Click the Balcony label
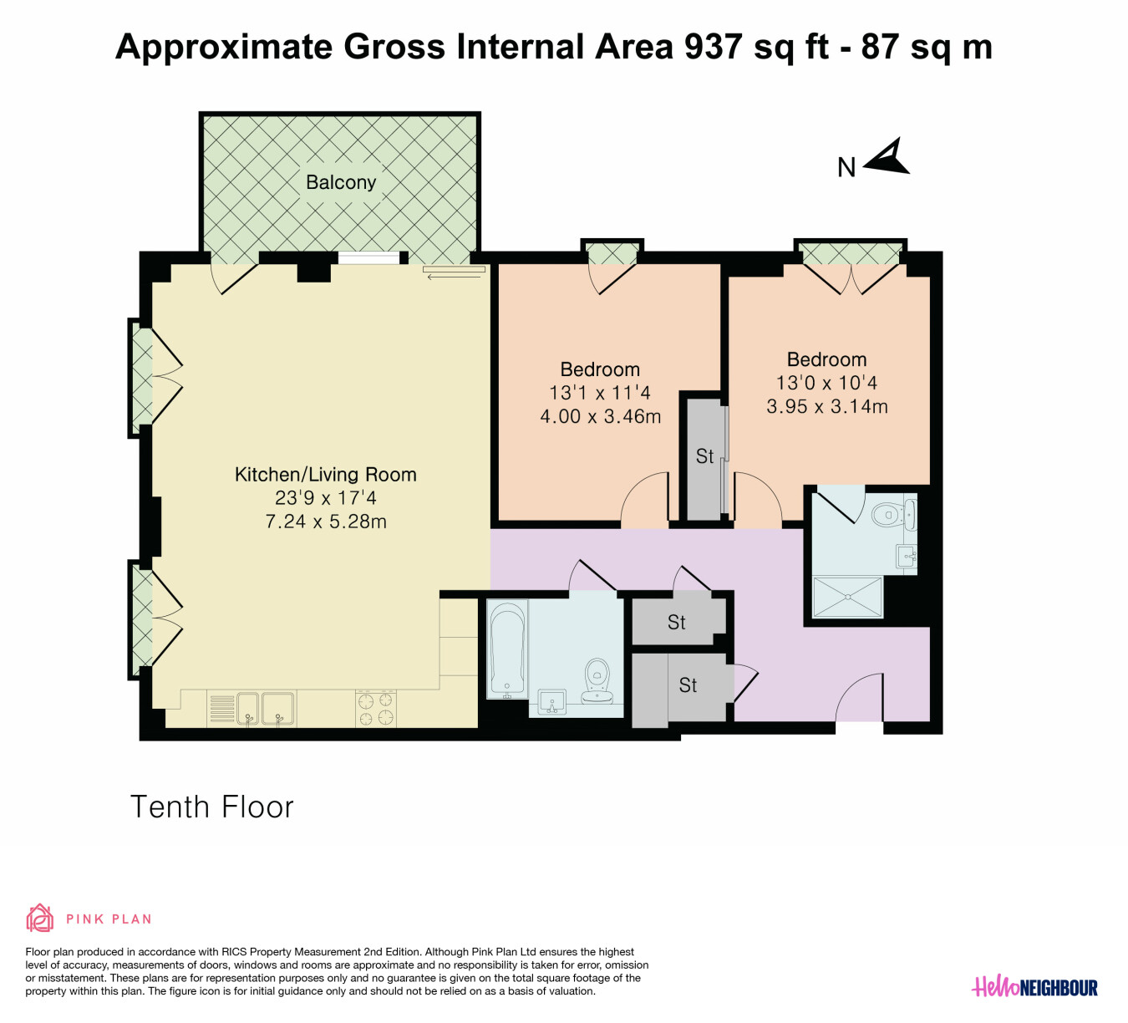(341, 182)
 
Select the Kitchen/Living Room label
(326, 475)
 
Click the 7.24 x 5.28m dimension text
(326, 522)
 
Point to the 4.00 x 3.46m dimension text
(600, 416)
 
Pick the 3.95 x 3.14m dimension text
(827, 406)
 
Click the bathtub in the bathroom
(508, 649)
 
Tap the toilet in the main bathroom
(597, 681)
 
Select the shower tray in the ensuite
(847, 597)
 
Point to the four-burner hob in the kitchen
(376, 709)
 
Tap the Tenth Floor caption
(212, 807)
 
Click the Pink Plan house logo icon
(40, 919)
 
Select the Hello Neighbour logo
(1034, 986)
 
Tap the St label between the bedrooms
(704, 456)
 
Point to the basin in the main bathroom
(552, 702)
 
